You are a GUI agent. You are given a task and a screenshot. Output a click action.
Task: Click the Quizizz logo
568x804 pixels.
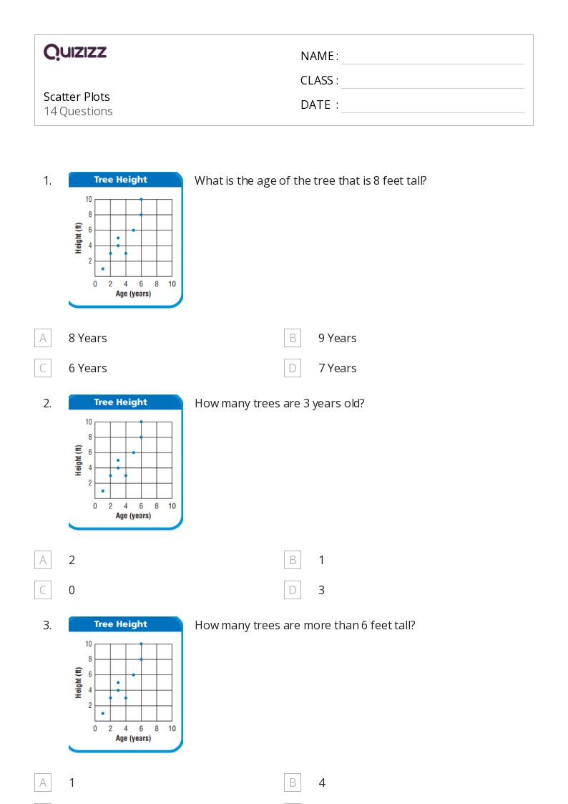click(75, 52)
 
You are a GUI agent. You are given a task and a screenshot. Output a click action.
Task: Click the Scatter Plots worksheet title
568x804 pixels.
click(77, 97)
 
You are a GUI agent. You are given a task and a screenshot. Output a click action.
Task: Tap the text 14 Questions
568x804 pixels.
click(78, 111)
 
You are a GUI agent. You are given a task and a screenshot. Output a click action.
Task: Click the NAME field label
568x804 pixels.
click(319, 56)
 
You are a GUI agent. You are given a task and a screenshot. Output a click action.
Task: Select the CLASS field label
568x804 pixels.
click(319, 80)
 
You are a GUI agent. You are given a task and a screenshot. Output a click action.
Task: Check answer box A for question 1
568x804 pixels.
click(43, 338)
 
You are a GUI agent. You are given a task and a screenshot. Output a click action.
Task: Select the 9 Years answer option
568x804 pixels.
click(337, 338)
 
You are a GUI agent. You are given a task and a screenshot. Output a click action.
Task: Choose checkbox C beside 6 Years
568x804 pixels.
click(43, 368)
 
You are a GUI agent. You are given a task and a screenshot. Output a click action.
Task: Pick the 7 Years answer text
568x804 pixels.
click(337, 368)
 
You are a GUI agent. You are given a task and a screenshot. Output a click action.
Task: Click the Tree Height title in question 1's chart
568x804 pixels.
click(120, 180)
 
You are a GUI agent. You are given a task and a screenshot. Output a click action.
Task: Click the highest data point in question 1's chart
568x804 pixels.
click(141, 199)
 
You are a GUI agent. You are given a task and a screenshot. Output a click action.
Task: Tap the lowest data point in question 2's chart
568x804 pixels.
click(103, 490)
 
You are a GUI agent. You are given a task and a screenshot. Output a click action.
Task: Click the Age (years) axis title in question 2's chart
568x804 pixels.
click(133, 515)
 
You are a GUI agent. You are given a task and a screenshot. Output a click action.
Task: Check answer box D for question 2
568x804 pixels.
click(292, 590)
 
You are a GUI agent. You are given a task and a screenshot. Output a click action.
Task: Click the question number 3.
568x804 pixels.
click(47, 625)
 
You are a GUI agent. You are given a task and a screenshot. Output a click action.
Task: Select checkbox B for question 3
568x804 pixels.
click(292, 783)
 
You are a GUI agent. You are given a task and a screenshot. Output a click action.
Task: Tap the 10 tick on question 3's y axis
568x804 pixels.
click(88, 644)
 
